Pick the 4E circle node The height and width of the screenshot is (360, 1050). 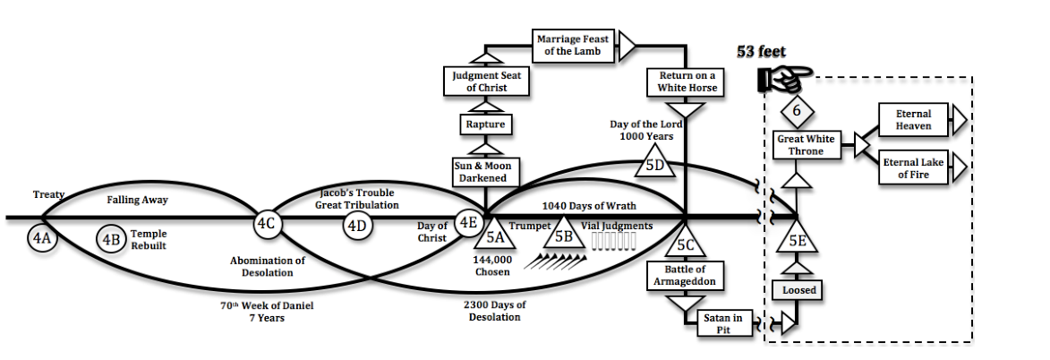(468, 221)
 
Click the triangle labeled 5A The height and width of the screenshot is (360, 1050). (494, 236)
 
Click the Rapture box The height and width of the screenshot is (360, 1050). (485, 124)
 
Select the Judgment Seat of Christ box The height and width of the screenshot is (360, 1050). (485, 81)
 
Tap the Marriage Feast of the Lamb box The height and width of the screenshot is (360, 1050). (574, 45)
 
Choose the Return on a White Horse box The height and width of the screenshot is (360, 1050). (686, 82)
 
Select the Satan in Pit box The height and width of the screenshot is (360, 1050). (724, 324)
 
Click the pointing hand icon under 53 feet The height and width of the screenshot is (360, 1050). (779, 80)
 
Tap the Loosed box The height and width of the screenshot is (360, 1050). (797, 290)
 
